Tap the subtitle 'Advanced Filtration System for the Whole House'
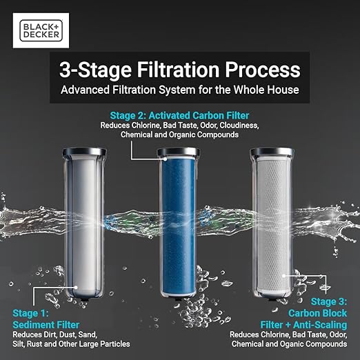pos(179,90)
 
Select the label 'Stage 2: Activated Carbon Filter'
pos(179,115)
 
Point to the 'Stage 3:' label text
pos(330,301)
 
